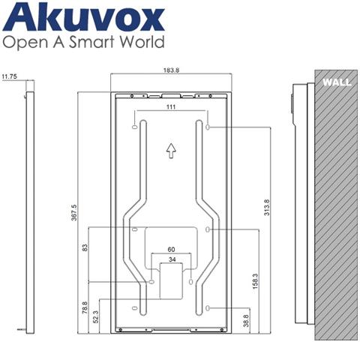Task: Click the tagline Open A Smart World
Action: pyautogui.click(x=84, y=43)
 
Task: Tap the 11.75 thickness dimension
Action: pyautogui.click(x=10, y=76)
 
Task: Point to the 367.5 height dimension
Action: pyautogui.click(x=74, y=212)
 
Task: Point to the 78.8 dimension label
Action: pyautogui.click(x=85, y=307)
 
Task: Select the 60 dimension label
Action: pyautogui.click(x=171, y=249)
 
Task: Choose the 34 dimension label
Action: pyautogui.click(x=171, y=259)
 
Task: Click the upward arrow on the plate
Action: pyautogui.click(x=171, y=150)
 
